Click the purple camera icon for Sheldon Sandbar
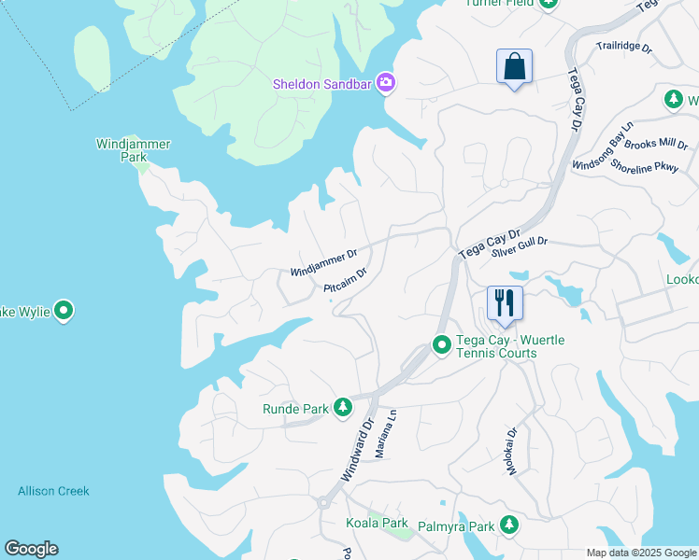click(x=386, y=84)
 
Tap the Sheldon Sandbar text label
click(x=322, y=84)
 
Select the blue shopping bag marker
click(x=513, y=67)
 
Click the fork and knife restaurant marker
click(x=504, y=304)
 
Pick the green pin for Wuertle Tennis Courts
click(x=441, y=346)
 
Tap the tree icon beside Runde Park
click(x=343, y=408)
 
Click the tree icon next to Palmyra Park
click(x=508, y=526)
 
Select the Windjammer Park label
click(x=121, y=150)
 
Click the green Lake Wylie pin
click(x=64, y=310)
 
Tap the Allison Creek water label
click(x=53, y=491)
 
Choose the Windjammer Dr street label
click(x=324, y=262)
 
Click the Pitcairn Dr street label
click(x=345, y=281)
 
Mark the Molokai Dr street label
click(x=512, y=453)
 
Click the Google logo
click(x=31, y=549)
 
